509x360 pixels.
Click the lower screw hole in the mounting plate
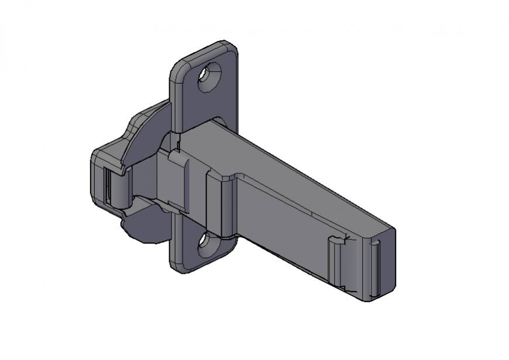(x=208, y=245)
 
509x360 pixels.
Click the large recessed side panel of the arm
(x=281, y=222)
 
